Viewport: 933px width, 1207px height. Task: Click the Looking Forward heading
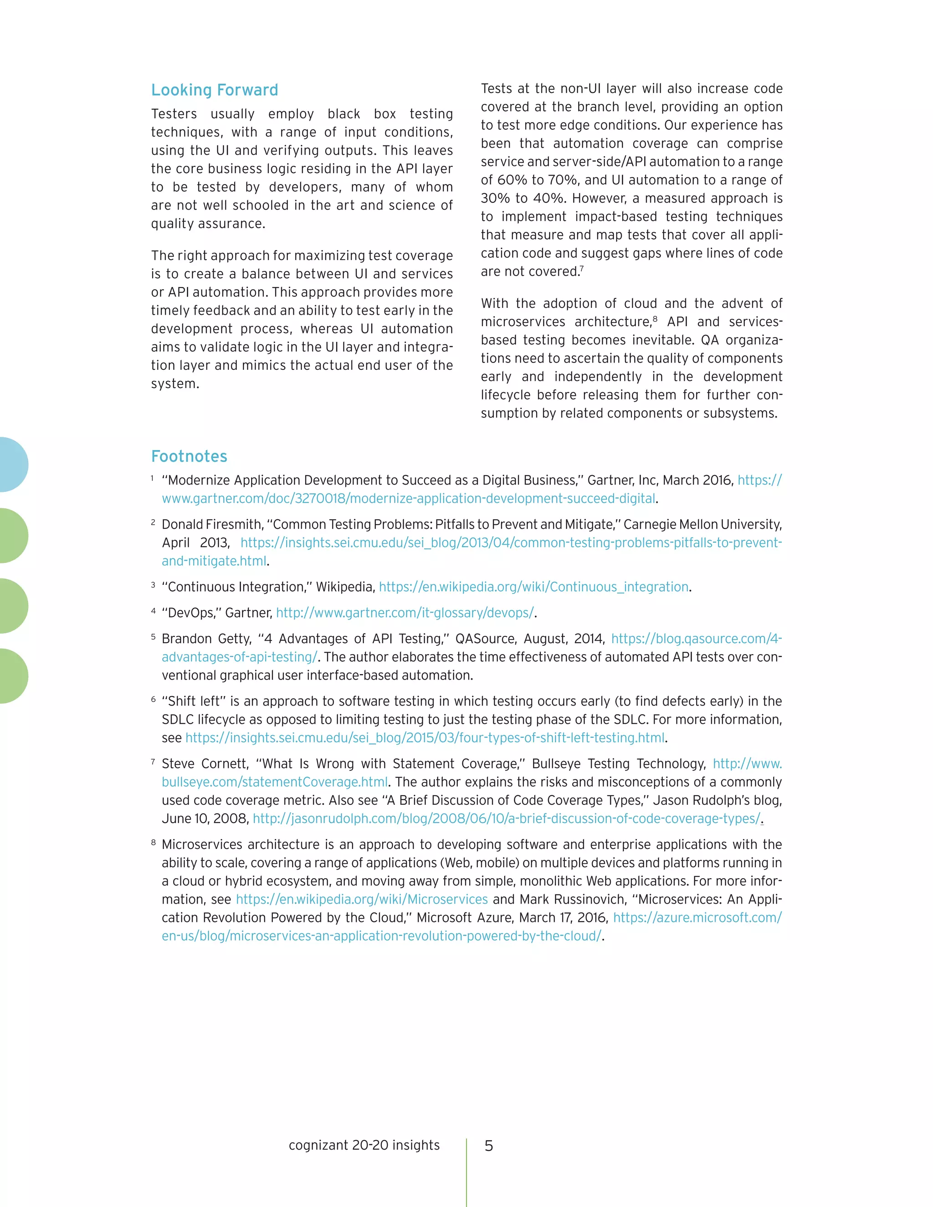point(215,90)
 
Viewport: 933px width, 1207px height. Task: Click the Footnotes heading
point(189,456)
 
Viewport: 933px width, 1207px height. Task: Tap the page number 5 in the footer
point(489,1146)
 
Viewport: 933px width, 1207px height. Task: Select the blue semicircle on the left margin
point(14,464)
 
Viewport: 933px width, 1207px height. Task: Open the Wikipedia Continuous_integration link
point(534,587)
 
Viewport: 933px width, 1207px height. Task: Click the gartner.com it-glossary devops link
point(405,613)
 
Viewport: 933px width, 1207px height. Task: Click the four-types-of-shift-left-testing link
point(425,738)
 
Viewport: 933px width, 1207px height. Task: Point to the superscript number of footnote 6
point(153,699)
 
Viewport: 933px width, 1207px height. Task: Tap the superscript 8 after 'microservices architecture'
point(655,318)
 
